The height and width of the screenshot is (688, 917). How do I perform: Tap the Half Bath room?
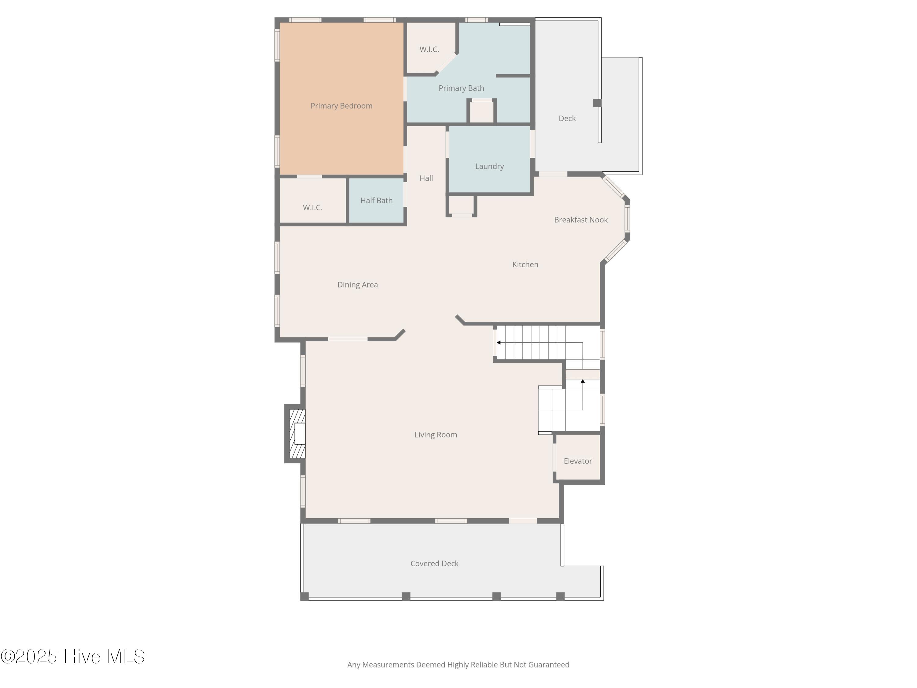(x=376, y=200)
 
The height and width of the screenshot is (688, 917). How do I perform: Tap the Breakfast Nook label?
(x=581, y=220)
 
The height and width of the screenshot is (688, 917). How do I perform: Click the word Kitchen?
(x=525, y=264)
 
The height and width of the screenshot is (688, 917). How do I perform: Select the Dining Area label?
(x=357, y=284)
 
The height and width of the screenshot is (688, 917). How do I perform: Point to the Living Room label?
(x=436, y=435)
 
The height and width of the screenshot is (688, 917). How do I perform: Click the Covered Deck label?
(x=434, y=564)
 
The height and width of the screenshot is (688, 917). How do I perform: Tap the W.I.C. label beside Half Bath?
(x=313, y=207)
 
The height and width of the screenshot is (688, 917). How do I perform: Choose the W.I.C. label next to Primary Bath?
(x=429, y=49)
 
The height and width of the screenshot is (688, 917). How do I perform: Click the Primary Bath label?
(x=461, y=88)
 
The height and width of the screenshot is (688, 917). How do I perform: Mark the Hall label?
(x=426, y=178)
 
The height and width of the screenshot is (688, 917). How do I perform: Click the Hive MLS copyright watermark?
(x=73, y=657)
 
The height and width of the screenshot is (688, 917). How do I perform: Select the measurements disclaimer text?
(x=458, y=665)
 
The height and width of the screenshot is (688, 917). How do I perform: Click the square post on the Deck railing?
(x=597, y=103)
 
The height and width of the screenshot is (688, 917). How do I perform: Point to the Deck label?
(x=567, y=119)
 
